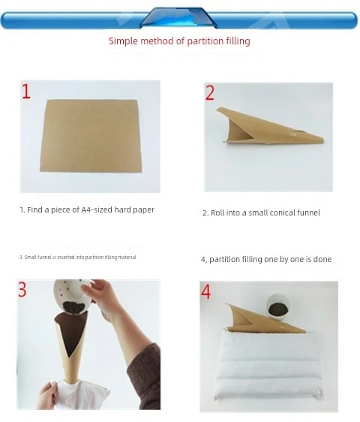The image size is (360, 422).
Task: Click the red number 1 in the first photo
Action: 26,92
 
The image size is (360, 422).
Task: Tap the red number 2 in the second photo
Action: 210,93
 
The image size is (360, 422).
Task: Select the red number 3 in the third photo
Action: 22,289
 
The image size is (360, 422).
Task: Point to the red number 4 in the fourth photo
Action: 206,292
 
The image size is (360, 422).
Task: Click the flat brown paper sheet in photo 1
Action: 91,136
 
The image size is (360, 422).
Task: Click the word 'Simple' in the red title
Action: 124,41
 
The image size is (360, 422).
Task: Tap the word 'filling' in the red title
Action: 238,41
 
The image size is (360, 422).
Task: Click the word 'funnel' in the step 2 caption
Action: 308,213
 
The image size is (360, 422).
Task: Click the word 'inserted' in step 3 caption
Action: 66,258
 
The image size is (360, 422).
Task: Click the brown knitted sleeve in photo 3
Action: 144,377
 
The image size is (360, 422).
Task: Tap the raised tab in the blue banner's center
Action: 178,17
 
